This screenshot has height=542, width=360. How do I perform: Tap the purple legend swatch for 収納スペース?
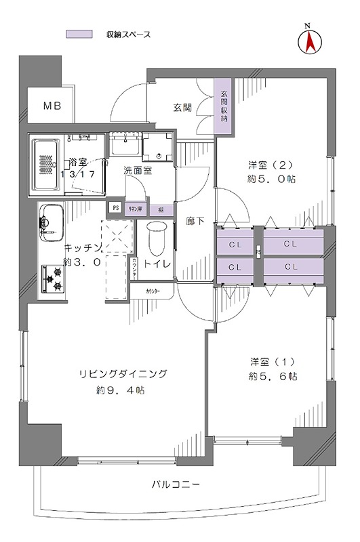pyautogui.click(x=79, y=34)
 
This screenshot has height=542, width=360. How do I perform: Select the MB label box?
pyautogui.click(x=52, y=106)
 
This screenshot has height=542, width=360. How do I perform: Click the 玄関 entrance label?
pyautogui.click(x=182, y=107)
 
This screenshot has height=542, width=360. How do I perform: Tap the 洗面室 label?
pyautogui.click(x=137, y=171)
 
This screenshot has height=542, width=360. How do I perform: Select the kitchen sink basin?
pyautogui.click(x=49, y=222)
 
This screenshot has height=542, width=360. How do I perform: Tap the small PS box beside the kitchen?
pyautogui.click(x=116, y=209)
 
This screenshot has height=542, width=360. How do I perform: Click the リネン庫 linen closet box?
pyautogui.click(x=136, y=209)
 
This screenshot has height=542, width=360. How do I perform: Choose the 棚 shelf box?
pyautogui.click(x=160, y=209)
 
